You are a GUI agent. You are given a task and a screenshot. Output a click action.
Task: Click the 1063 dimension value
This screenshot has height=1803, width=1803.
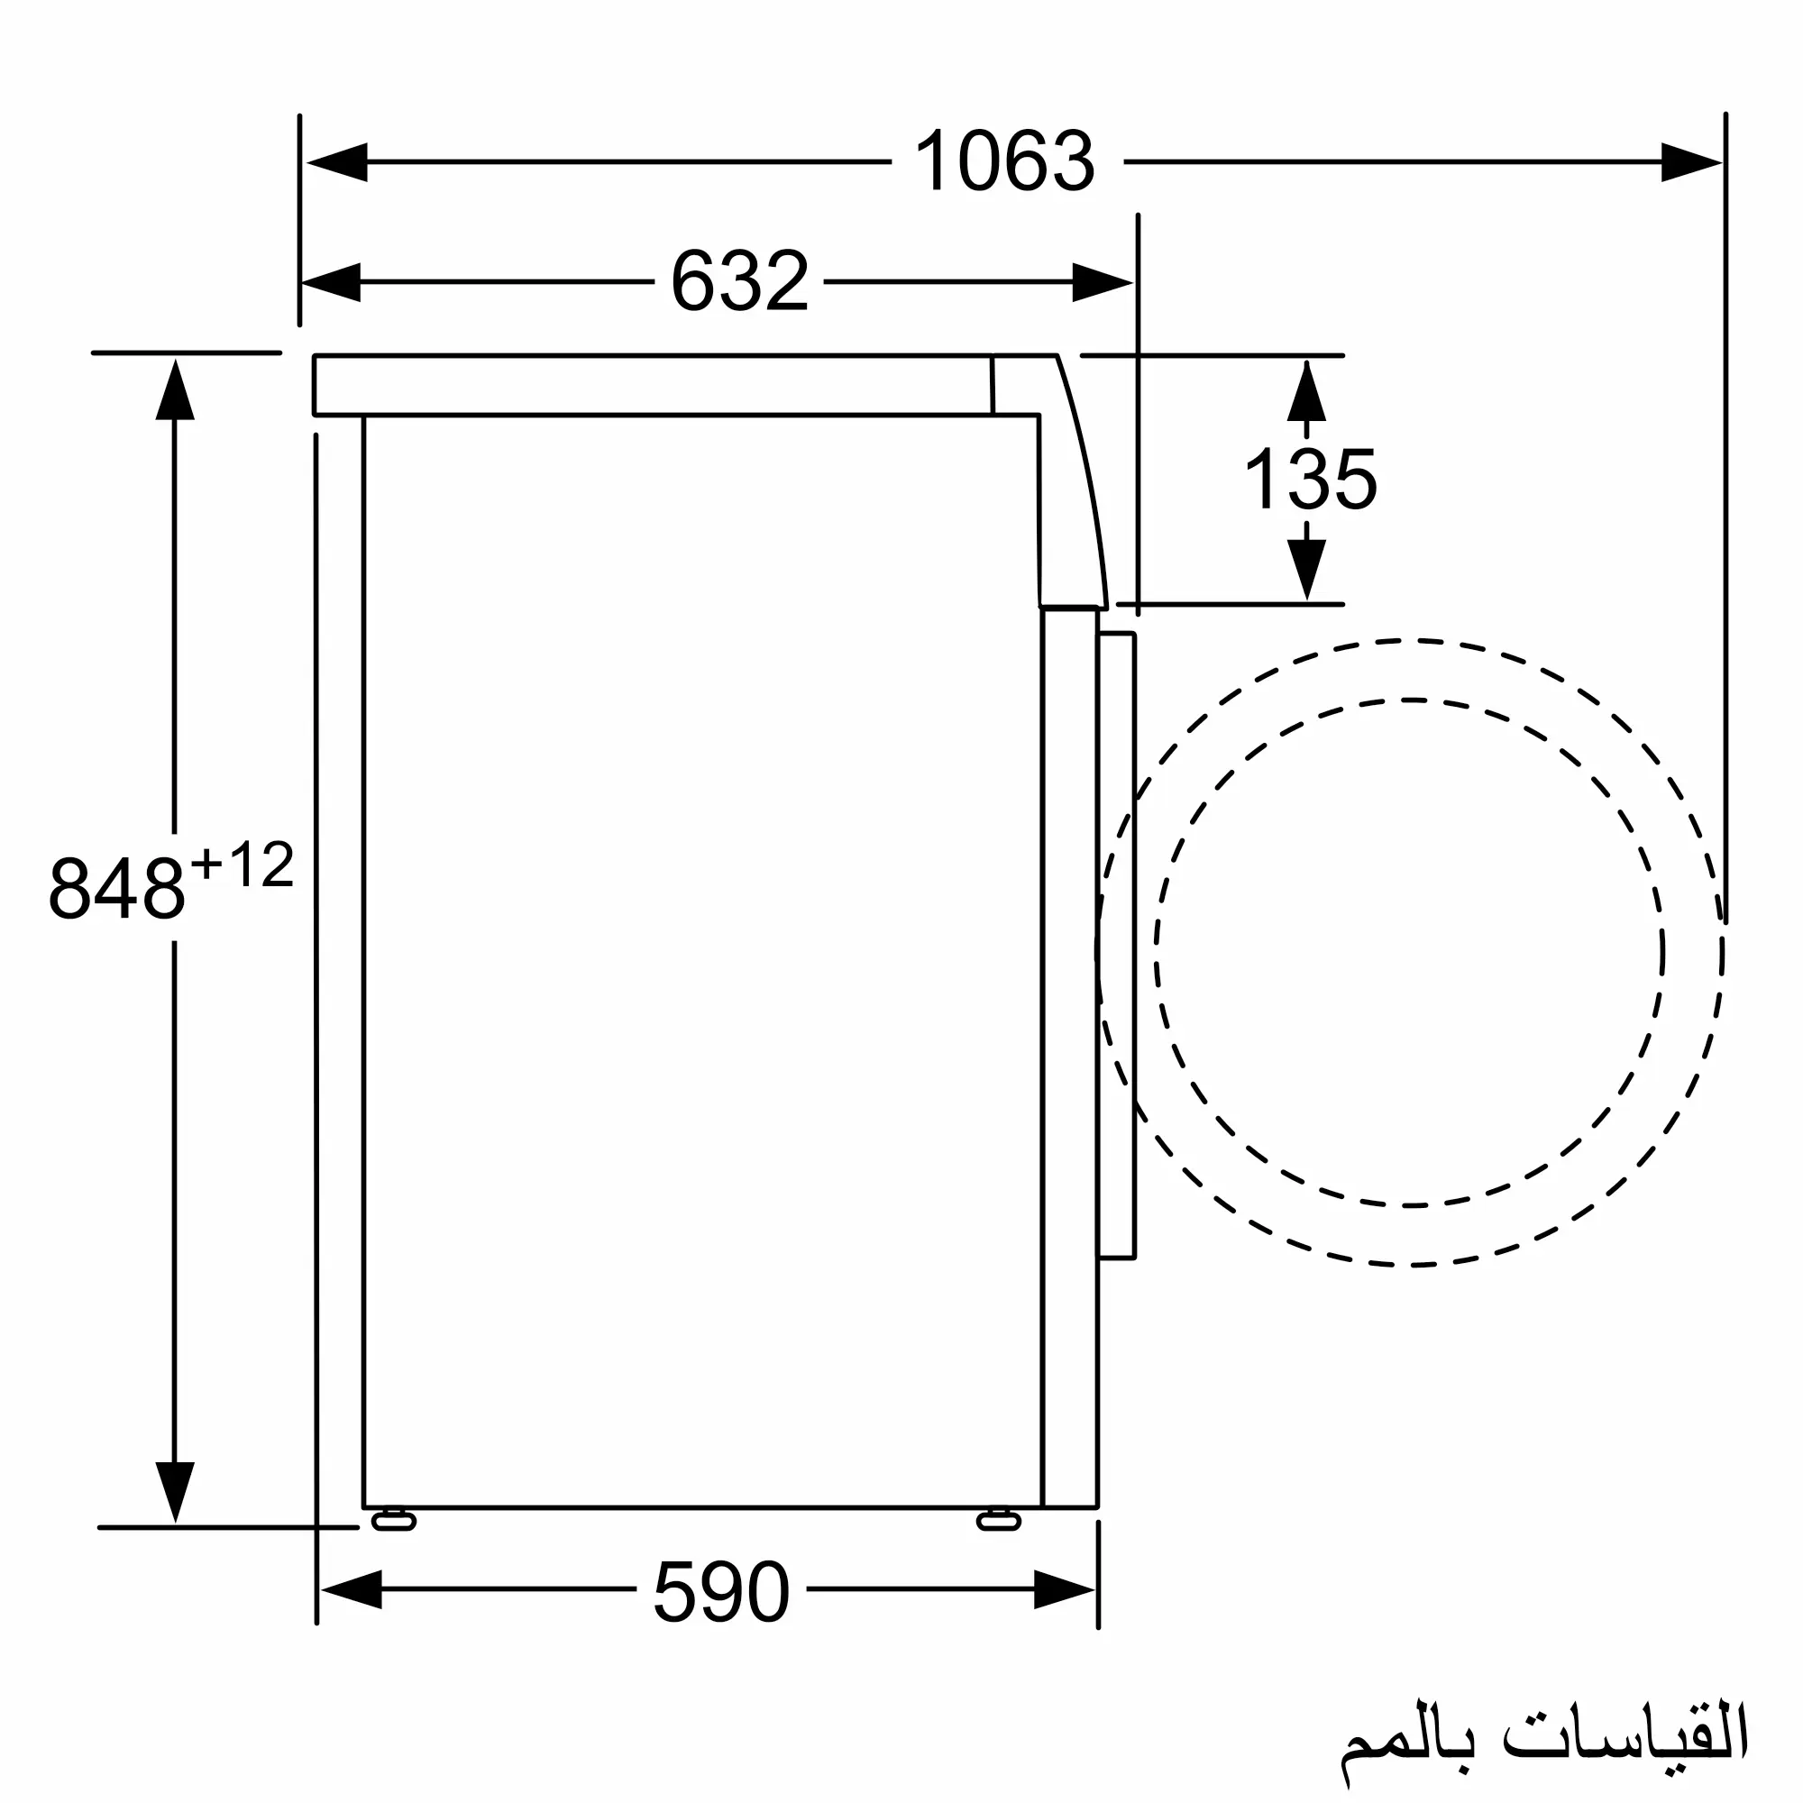tap(1004, 161)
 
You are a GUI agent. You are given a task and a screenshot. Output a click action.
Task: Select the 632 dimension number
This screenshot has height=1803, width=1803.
tap(739, 281)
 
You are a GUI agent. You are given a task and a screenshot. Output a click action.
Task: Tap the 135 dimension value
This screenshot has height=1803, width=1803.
tap(1310, 479)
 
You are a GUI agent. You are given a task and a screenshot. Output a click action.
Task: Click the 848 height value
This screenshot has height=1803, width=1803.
tap(116, 887)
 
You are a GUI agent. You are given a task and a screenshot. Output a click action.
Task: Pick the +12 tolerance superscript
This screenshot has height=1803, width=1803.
tap(243, 865)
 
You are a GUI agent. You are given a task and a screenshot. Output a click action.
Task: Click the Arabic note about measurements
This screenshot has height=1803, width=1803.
tap(1544, 1731)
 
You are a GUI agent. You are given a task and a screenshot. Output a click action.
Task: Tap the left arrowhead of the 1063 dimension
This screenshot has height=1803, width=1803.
tap(337, 162)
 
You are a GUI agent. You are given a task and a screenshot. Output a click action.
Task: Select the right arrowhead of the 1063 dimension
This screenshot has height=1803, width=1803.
tap(1692, 162)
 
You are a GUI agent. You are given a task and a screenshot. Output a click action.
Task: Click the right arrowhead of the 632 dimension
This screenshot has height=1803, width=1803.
tap(1103, 282)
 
